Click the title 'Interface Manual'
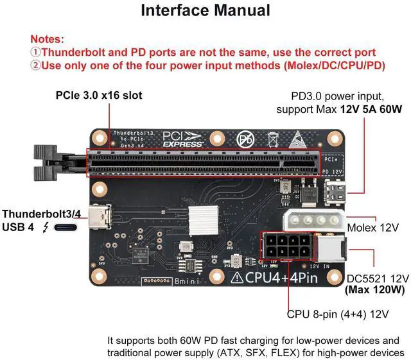[x=205, y=11]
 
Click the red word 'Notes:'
[x=47, y=39]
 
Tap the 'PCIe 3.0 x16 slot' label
[x=98, y=96]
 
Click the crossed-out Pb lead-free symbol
[x=245, y=139]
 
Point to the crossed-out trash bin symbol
[x=272, y=139]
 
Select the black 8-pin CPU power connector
[x=284, y=246]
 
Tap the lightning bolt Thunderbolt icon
[x=45, y=228]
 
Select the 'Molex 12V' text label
[x=372, y=228]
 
